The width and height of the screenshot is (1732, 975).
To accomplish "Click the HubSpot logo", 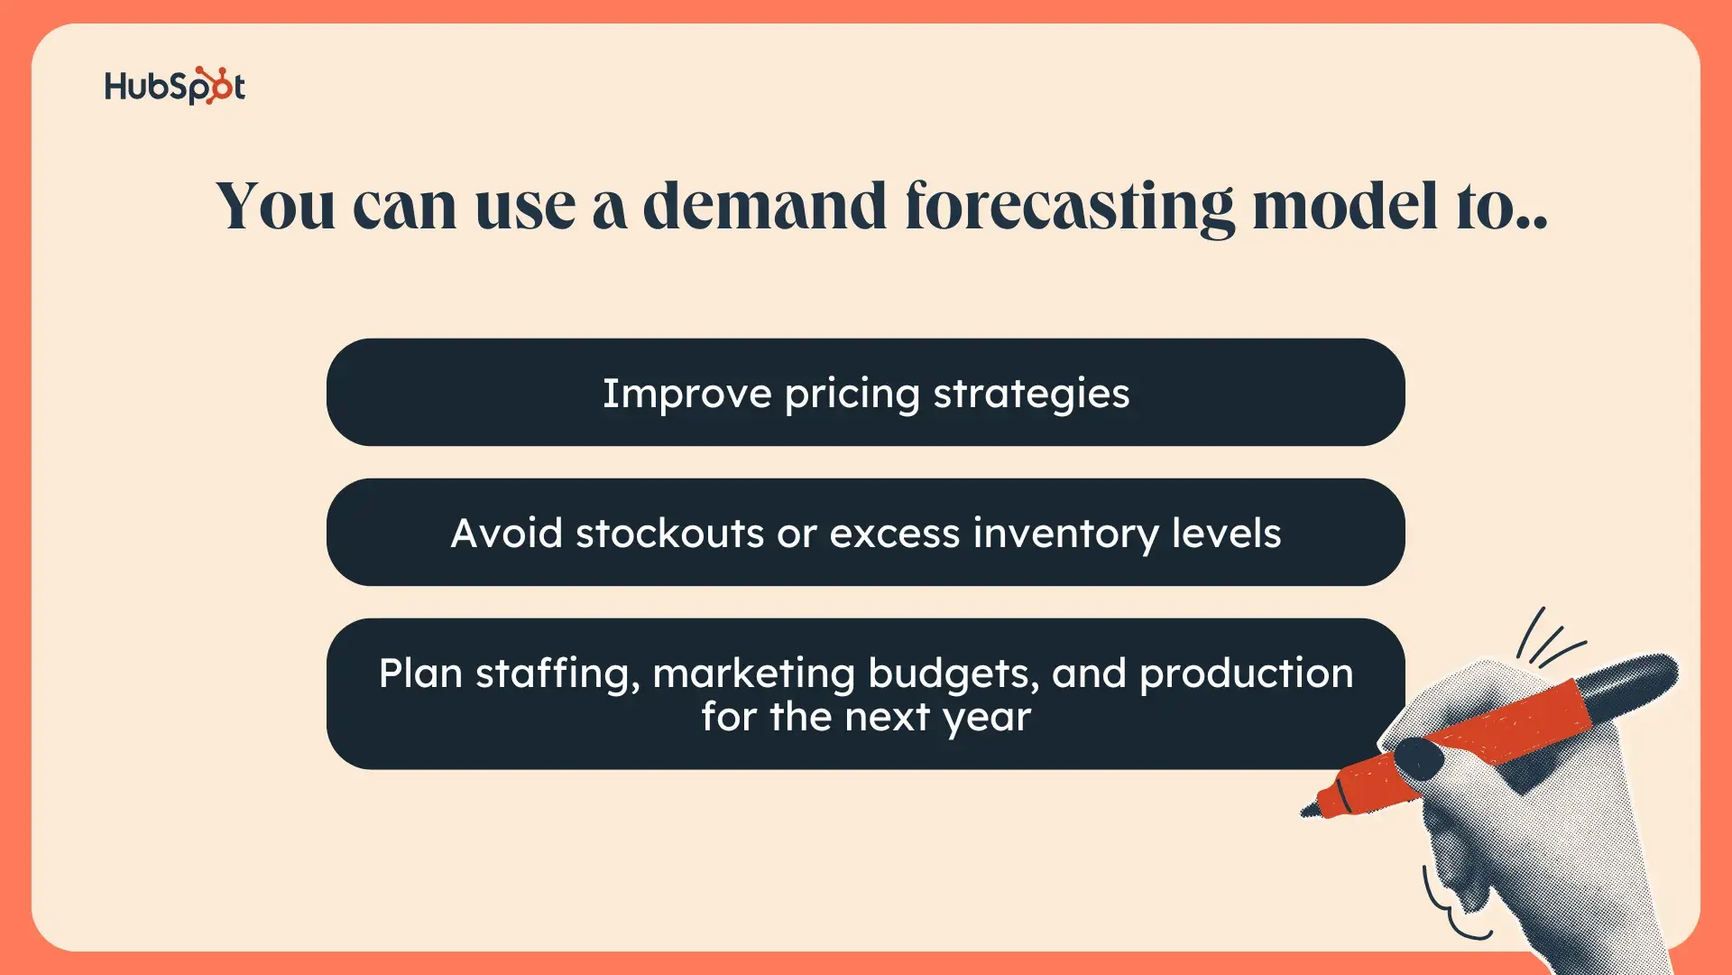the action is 175,86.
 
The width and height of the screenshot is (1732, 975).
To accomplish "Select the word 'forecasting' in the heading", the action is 1070,209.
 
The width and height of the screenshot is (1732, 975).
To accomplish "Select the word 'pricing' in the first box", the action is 852,395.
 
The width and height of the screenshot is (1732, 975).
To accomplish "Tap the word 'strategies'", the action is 1031,395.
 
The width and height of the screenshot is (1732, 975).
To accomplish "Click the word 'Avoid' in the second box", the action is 507,534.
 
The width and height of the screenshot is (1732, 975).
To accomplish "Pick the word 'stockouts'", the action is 670,534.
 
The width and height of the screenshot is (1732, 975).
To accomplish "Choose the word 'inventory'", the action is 1066,534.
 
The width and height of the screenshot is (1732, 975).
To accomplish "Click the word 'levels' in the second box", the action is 1227,534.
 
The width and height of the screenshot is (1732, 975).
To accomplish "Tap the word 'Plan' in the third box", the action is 420,673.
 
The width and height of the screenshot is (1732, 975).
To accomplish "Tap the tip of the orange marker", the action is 1304,812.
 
